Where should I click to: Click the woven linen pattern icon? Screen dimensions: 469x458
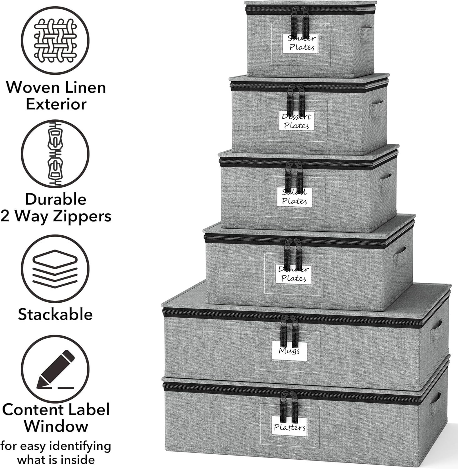pos(55,40)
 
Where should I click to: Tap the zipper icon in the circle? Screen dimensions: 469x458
pos(55,154)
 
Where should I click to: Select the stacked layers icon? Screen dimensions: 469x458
pos(55,269)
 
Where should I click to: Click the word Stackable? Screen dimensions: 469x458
pos(55,314)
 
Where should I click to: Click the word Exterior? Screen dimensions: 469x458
pos(56,104)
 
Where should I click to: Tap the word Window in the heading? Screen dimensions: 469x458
pos(56,426)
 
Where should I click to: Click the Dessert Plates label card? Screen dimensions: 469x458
pos(296,121)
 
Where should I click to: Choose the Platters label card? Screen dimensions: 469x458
pos(289,427)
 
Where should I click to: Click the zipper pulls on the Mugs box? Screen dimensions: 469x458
pos(289,331)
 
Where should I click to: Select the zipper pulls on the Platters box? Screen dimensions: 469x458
pos(289,406)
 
